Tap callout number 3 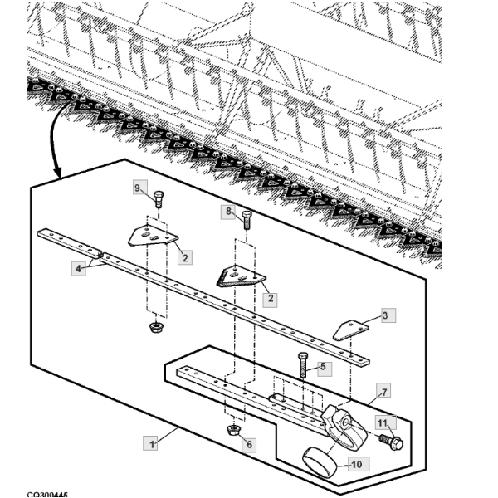384,315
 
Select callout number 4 78,268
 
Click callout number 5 322,365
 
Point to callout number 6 248,444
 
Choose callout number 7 384,391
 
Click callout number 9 139,189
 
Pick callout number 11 383,423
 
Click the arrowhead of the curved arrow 56,174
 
